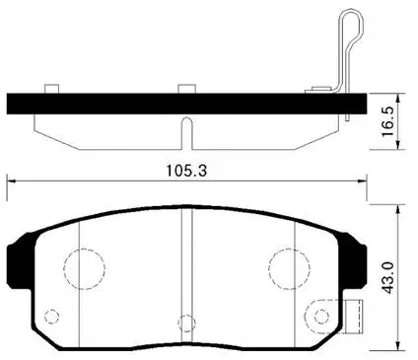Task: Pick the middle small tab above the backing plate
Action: (183, 90)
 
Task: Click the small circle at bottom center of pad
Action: (183, 321)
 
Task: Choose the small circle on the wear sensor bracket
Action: (318, 315)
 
